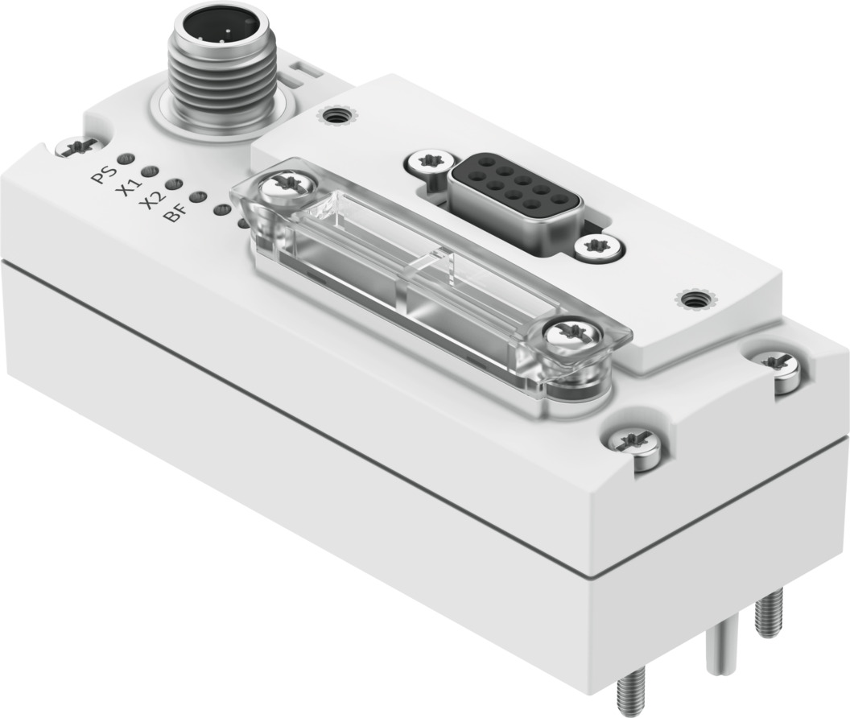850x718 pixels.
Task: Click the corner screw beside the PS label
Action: click(77, 146)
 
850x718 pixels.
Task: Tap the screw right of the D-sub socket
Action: click(600, 246)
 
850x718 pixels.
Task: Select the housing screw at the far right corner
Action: click(777, 363)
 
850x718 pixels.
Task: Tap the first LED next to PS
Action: click(126, 158)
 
